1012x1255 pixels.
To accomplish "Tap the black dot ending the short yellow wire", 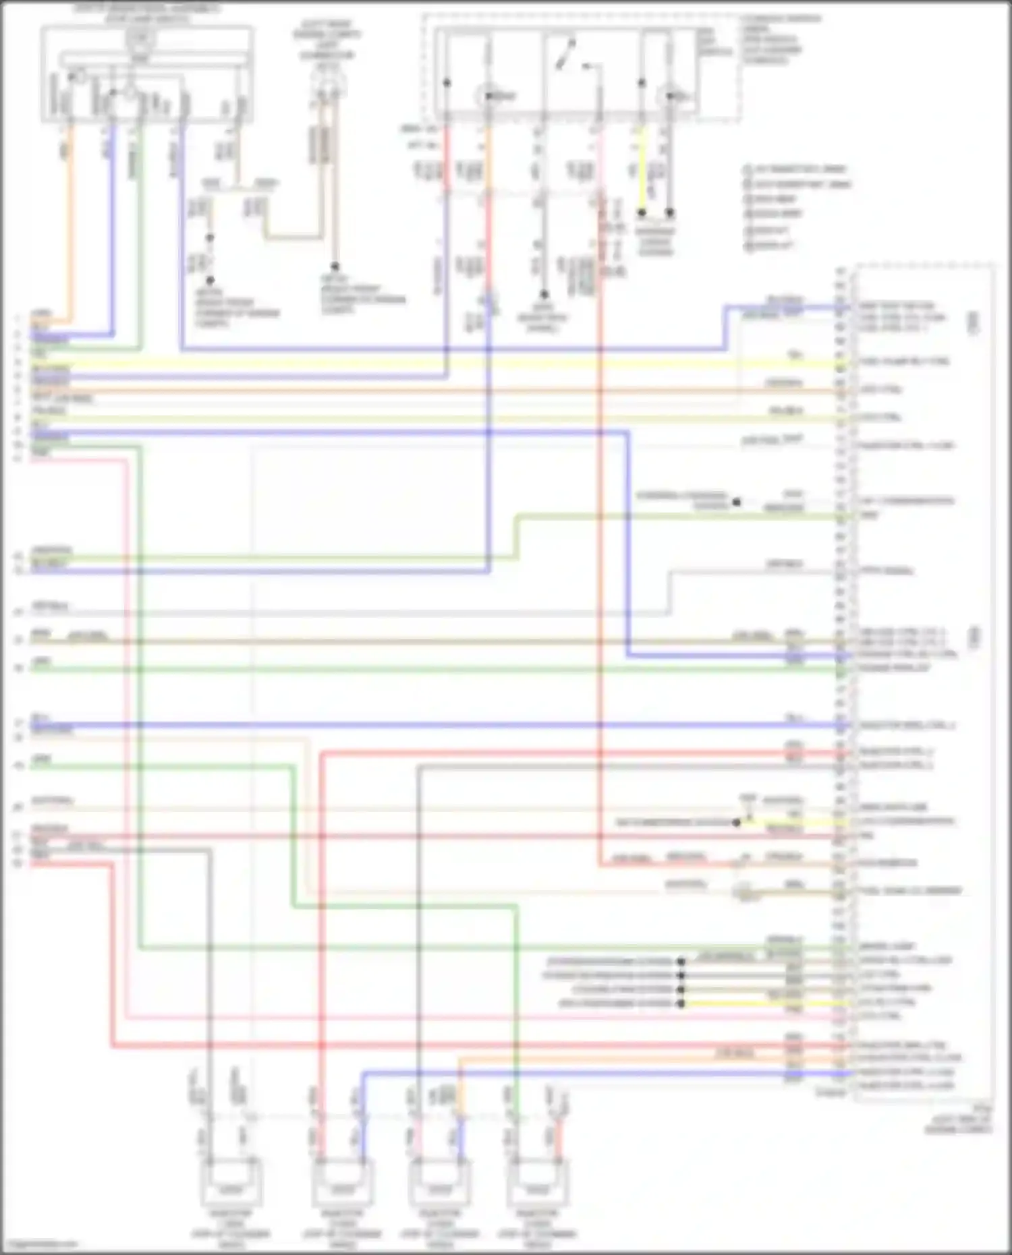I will coord(642,213).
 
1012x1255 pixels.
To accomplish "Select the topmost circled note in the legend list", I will coord(748,169).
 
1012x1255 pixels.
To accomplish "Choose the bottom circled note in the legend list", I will coord(748,245).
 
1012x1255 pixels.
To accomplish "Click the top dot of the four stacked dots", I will coord(681,962).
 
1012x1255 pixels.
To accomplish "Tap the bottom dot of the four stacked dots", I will coord(681,1004).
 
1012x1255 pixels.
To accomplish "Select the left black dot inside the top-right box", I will coord(447,84).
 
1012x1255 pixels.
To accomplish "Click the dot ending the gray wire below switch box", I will coord(544,295).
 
